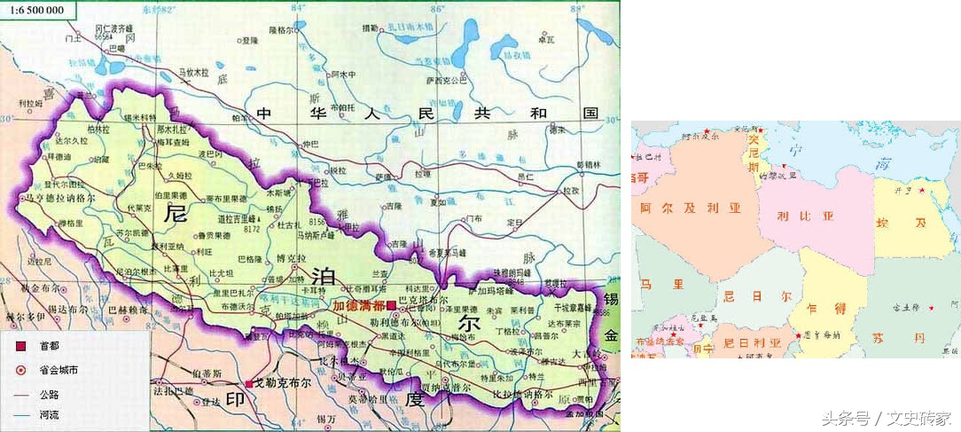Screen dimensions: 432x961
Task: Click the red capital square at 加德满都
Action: (391, 305)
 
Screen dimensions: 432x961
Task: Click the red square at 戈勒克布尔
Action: (247, 383)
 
